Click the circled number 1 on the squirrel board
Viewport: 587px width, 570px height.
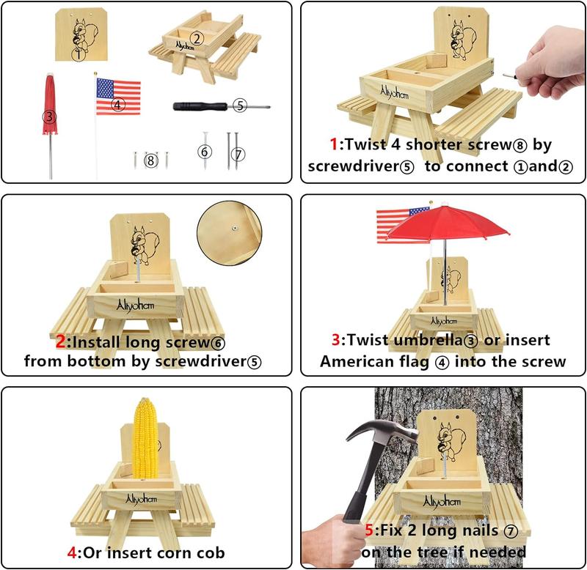pyautogui.click(x=78, y=53)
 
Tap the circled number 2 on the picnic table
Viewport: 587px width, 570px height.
pyautogui.click(x=196, y=38)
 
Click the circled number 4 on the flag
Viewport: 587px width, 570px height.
pyautogui.click(x=118, y=105)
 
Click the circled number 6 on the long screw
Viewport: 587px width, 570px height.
pyautogui.click(x=205, y=152)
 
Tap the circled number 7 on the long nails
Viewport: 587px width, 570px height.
pyautogui.click(x=236, y=154)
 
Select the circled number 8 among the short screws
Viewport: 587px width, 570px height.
pyautogui.click(x=151, y=160)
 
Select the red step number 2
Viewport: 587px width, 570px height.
pyautogui.click(x=61, y=341)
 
